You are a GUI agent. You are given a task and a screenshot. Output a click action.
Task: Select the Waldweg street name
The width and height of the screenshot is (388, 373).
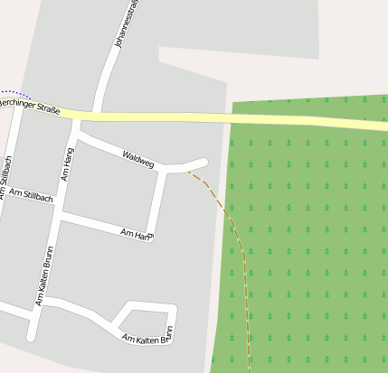pos(138,159)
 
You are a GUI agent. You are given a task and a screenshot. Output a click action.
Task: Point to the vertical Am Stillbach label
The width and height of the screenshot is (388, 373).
pos(7,179)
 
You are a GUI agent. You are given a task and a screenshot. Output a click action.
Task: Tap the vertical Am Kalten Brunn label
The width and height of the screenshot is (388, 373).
pos(43,276)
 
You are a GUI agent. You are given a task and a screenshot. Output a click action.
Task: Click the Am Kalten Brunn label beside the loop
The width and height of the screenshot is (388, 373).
pos(147,339)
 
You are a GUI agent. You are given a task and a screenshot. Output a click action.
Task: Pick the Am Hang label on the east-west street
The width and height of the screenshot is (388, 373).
pos(137,235)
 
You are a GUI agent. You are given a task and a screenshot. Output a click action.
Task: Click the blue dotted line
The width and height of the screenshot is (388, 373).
pos(16,93)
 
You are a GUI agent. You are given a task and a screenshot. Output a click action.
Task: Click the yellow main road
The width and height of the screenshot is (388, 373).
pos(226,117)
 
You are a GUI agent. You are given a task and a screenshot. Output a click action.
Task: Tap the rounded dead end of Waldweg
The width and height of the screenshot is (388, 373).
pos(203,163)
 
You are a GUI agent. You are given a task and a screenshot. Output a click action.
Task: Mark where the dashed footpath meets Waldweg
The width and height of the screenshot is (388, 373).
pos(188,170)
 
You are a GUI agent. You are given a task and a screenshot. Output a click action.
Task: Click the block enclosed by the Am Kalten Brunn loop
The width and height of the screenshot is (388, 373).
pos(146,318)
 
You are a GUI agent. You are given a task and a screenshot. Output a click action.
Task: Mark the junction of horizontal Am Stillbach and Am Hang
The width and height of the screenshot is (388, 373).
pos(61,217)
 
